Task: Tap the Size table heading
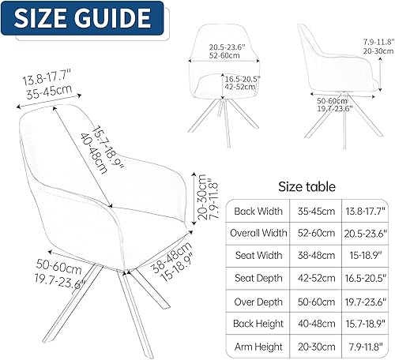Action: coord(307,186)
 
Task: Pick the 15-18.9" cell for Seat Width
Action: coord(363,255)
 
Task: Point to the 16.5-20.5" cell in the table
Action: coord(363,278)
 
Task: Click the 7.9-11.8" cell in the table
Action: coord(363,346)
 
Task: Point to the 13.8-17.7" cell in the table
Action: coord(363,211)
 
